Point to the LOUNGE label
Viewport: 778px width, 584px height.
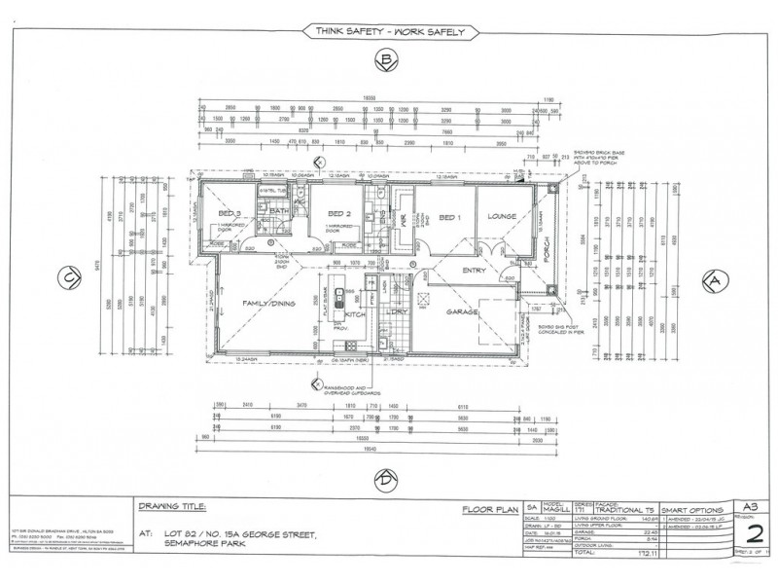pyautogui.click(x=502, y=217)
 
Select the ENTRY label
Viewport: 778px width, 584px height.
pyautogui.click(x=474, y=270)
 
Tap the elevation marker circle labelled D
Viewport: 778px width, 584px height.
pyautogui.click(x=386, y=479)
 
